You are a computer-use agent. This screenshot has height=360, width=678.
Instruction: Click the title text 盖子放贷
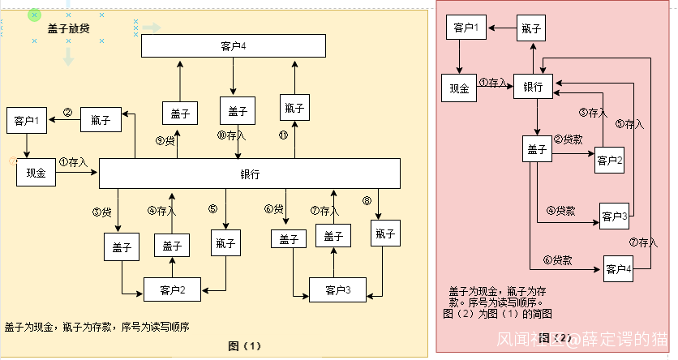pos(68,28)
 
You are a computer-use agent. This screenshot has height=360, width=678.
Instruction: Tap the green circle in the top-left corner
pos(34,15)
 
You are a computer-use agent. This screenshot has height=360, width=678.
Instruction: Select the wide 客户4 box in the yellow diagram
pos(233,45)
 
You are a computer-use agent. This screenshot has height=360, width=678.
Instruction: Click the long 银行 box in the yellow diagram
pos(250,174)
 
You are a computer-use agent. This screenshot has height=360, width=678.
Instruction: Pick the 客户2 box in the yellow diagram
pos(172,289)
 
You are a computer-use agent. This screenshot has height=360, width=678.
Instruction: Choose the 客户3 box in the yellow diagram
pos(337,289)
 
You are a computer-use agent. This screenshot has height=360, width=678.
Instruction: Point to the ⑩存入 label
pos(232,135)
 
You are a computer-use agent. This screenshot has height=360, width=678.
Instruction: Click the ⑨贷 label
pos(165,140)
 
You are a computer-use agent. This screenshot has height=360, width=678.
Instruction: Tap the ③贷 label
pos(102,212)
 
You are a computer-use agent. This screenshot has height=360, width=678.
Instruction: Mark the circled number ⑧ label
pos(367,200)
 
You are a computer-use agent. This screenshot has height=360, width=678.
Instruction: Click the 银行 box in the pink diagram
pos(533,87)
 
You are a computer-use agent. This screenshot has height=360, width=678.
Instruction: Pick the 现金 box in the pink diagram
pos(459,88)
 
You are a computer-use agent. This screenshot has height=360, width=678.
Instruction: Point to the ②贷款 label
pos(568,139)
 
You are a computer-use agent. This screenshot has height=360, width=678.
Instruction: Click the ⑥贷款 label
pos(558,260)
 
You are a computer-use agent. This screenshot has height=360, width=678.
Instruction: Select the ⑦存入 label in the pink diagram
pos(643,242)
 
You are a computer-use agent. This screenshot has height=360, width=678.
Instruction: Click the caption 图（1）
pos(245,345)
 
